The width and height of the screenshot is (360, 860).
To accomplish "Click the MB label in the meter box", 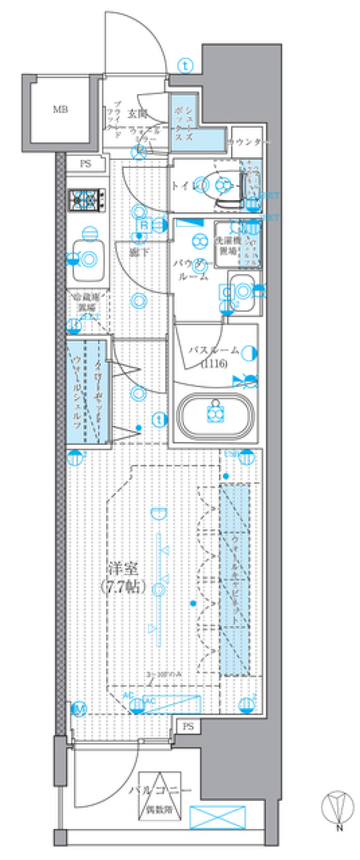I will pos(60,110).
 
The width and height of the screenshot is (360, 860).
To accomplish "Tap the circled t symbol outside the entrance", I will pos(185,66).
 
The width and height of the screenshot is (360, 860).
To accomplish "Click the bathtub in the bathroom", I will pos(215,416).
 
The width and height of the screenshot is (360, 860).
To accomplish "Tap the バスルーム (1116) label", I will pos(214,356).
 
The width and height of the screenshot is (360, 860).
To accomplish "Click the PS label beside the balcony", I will pos(188,726).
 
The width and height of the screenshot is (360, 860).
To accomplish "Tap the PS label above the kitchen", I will pos(85,164).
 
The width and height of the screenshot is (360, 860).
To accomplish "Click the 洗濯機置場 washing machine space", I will pos(227,245).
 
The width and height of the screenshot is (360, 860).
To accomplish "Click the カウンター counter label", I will pos(248,142).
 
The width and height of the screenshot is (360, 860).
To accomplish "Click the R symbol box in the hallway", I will pos(144,225).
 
